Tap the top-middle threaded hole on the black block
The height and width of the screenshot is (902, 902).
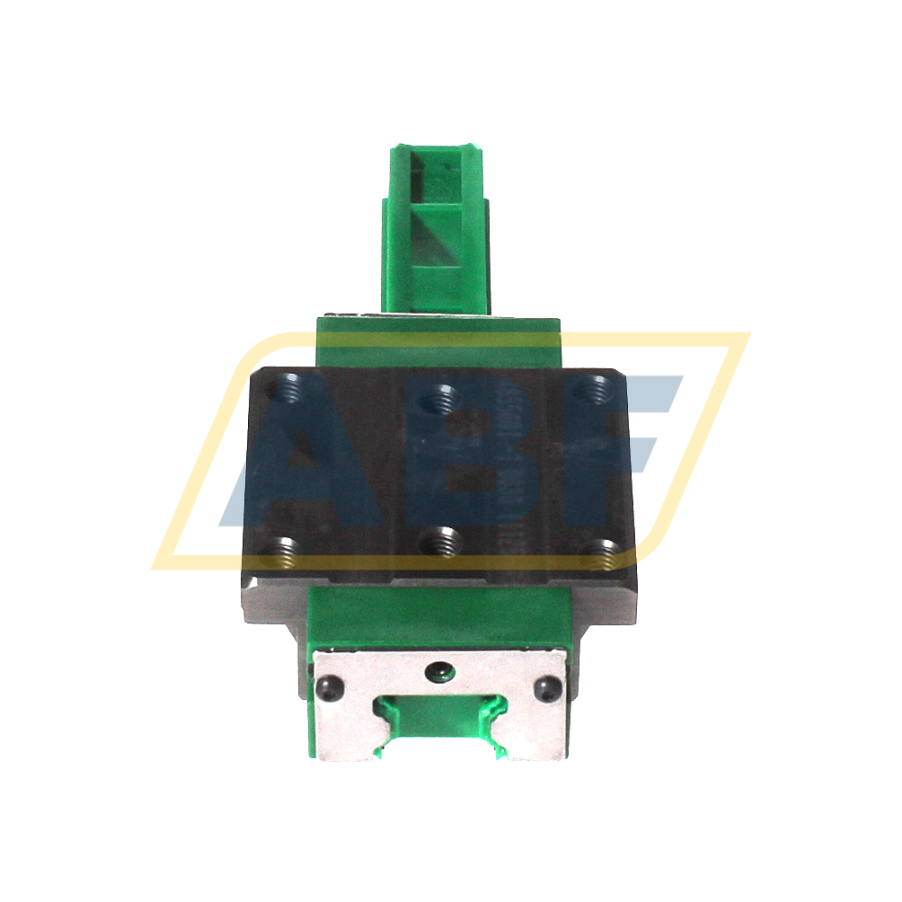pos(440,394)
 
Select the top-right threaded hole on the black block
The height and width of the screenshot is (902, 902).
pos(590,391)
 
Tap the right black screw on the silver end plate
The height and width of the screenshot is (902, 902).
pos(550,690)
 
